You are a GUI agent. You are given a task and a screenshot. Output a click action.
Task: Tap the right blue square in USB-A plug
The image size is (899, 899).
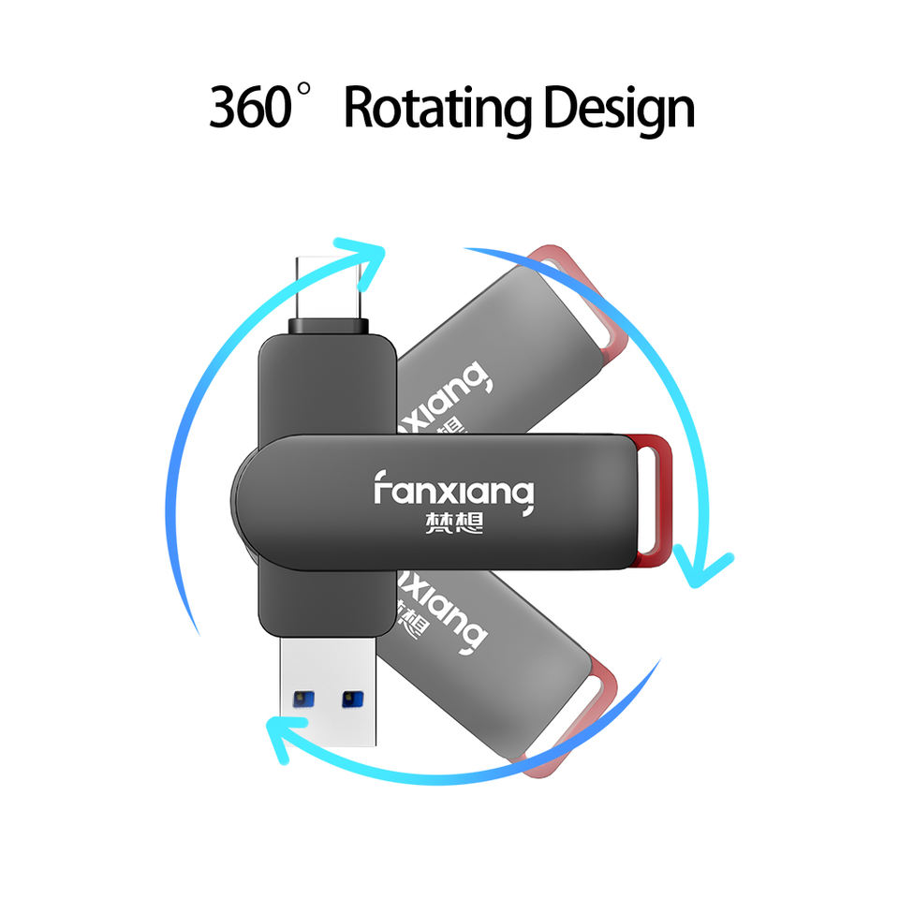352,698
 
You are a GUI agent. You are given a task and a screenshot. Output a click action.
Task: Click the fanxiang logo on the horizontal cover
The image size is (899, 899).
453,488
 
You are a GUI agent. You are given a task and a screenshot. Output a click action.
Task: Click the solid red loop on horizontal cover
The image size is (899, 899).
653,501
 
